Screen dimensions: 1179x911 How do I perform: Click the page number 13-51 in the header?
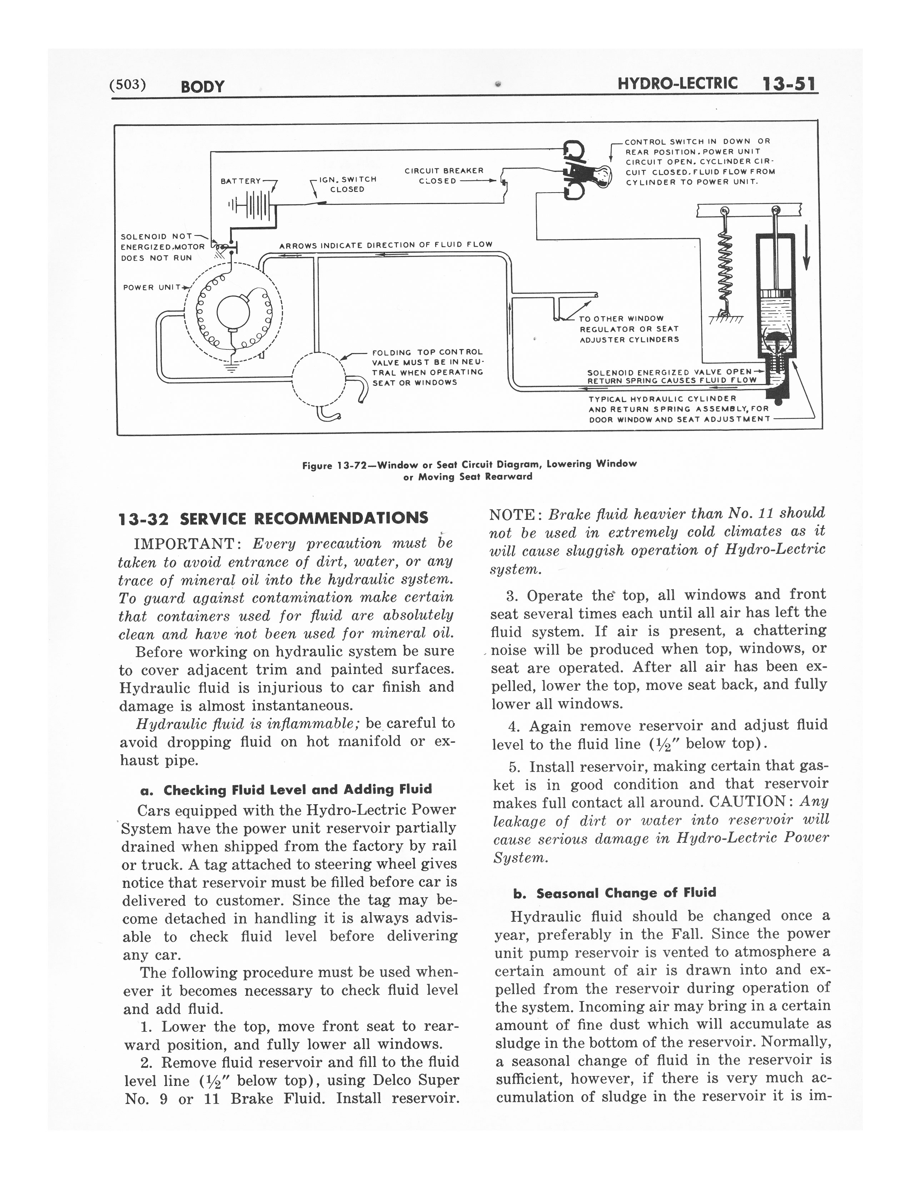click(790, 85)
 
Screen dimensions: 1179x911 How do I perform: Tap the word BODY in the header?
click(202, 87)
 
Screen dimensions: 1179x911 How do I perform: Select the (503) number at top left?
click(128, 85)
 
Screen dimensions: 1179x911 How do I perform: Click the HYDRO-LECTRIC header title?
click(677, 84)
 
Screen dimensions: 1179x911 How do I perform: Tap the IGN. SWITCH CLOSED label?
click(347, 184)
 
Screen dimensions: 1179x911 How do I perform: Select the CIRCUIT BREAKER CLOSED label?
click(444, 176)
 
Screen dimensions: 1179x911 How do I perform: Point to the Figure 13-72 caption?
click(469, 470)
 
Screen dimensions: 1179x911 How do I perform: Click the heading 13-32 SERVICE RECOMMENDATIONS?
click(273, 519)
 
